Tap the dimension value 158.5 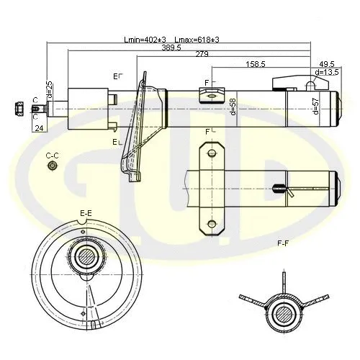256,64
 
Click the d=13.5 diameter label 327,73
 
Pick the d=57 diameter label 315,107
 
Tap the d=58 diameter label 233,107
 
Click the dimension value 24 39,128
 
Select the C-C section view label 52,155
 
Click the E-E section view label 86,212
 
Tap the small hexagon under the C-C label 52,167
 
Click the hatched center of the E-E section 86,256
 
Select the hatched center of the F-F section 284,312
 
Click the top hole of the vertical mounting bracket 210,153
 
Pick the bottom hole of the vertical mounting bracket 210,221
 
